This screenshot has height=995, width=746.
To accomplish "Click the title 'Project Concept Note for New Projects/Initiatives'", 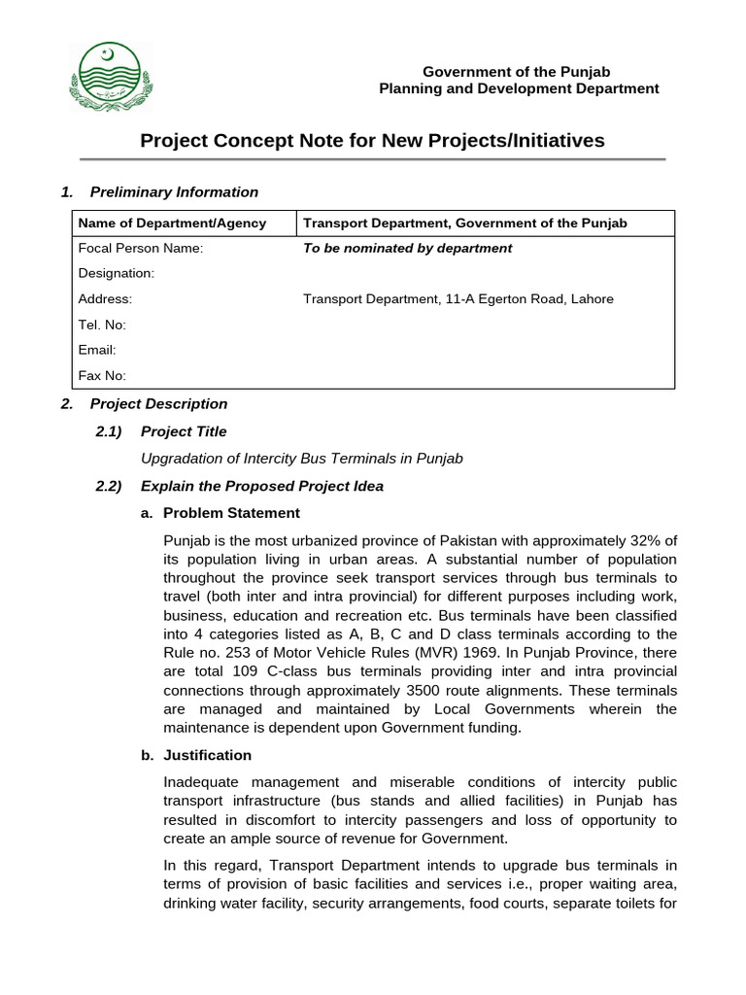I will point(372,141).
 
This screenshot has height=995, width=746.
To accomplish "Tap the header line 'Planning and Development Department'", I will point(518,88).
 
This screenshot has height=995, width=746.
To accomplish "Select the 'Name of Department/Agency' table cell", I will point(172,223).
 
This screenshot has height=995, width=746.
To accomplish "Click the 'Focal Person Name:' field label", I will point(141,248).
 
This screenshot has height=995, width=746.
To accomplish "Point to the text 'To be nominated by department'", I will point(407,248).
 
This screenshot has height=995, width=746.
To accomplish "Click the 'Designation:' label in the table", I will point(116,274).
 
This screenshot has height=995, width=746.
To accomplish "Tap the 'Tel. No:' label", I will point(102,325).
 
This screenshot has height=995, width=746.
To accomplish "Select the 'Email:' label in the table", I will point(97,350).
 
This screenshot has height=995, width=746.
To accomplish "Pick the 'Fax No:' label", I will point(102,375).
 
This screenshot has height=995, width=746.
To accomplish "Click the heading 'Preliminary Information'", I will point(174,191).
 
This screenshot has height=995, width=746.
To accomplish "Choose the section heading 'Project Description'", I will point(158,403).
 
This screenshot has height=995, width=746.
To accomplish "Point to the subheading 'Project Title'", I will point(184,431).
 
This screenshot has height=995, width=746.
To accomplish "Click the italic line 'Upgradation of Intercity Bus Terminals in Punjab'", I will point(301,459).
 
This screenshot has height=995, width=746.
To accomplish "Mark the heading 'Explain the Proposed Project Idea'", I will point(261,486).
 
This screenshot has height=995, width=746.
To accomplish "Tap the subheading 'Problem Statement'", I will point(231,512).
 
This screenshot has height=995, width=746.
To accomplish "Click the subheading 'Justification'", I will point(207,755).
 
